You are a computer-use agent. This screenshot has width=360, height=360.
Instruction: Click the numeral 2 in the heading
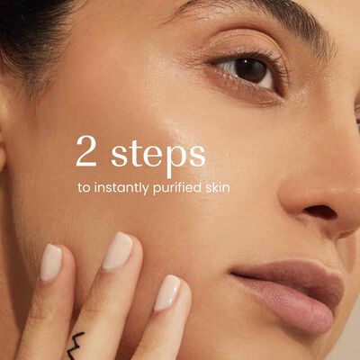click(x=86, y=151)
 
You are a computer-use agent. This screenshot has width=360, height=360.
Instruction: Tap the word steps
click(x=158, y=156)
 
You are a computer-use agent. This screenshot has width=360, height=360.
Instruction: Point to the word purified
click(x=176, y=188)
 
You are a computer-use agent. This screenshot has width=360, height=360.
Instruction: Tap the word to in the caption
click(x=84, y=188)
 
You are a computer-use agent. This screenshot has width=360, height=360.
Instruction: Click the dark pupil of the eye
click(x=250, y=71)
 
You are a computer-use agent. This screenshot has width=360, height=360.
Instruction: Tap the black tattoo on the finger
click(x=74, y=345)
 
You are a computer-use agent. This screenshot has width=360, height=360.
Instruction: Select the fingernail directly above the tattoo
click(x=118, y=251)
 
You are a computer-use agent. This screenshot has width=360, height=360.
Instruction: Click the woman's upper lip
click(x=288, y=272)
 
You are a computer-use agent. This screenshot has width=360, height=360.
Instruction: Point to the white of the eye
click(x=229, y=67)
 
